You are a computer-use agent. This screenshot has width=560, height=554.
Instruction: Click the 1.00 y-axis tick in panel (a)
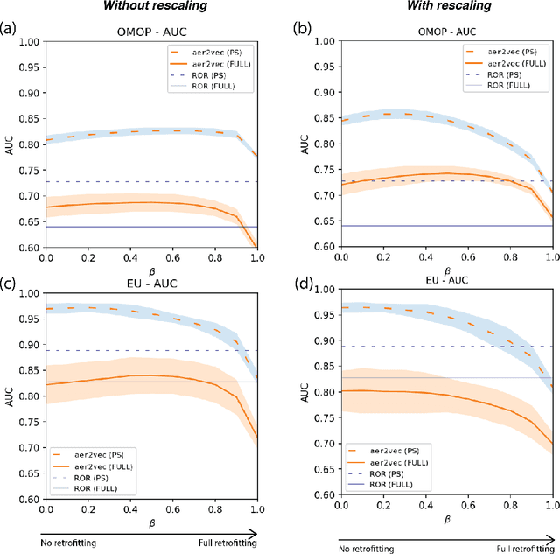click(27, 41)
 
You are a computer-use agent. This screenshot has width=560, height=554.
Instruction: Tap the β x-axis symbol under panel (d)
click(447, 519)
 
